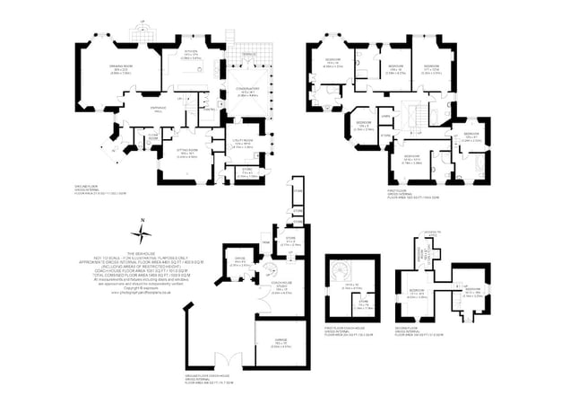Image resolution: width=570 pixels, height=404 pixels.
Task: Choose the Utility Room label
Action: (x=245, y=141)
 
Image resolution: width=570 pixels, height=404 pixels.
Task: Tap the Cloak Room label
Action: (x=154, y=135)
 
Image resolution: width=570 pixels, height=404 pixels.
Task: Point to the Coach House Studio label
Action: (x=281, y=289)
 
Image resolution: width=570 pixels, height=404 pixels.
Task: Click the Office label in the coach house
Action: (x=238, y=261)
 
